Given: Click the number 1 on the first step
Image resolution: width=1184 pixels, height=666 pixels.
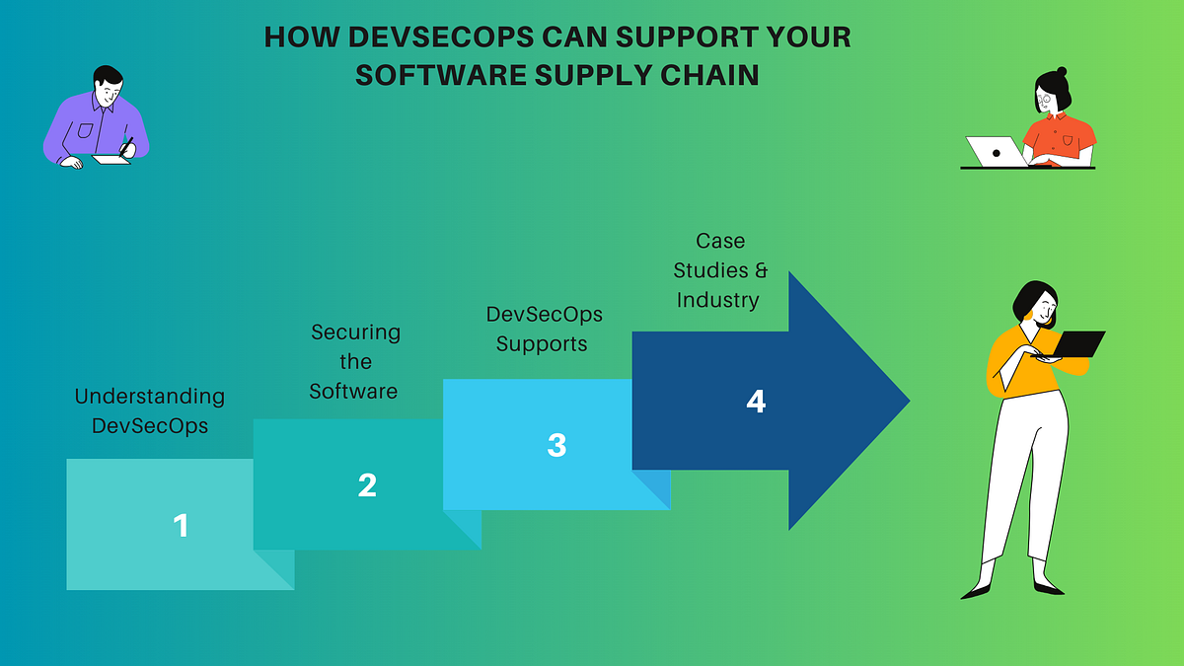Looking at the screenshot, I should point(181,525).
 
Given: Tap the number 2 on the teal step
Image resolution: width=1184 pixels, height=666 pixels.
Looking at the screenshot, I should point(367,485).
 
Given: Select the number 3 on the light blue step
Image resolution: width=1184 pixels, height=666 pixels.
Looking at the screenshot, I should point(556,445).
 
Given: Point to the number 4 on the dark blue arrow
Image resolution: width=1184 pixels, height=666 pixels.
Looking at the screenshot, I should point(756,402).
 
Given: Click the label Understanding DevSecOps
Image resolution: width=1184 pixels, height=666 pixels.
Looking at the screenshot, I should point(150,411).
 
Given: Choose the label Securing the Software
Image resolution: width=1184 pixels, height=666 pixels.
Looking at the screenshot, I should point(354,361).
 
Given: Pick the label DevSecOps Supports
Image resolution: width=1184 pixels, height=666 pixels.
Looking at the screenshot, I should point(544,329).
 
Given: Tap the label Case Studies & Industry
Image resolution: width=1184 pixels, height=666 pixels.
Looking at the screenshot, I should point(720,269).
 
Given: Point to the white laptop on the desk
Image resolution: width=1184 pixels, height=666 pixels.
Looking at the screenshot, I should point(995,152).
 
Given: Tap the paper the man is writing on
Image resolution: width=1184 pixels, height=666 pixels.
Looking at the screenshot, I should point(111,160).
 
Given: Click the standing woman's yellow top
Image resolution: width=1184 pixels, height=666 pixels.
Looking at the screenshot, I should point(1016,360).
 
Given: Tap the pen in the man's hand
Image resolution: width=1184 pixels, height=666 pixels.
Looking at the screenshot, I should point(127,145).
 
